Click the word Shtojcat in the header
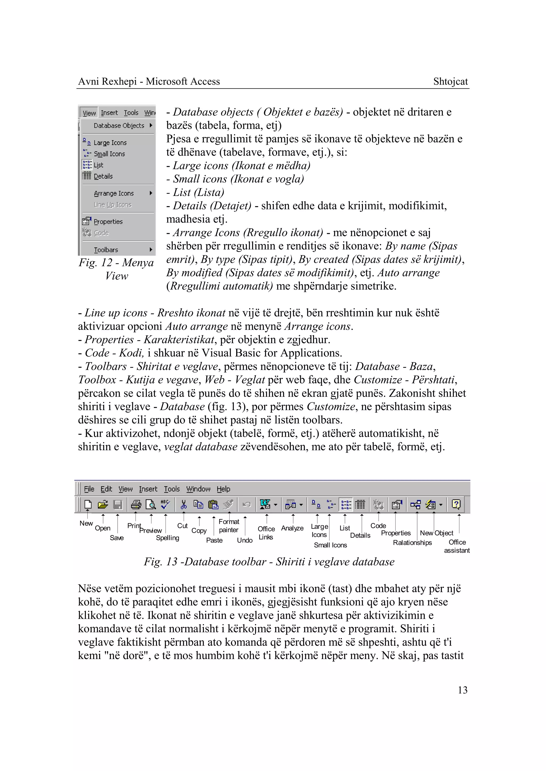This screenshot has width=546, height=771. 450,81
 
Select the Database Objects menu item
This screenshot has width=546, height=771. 119,125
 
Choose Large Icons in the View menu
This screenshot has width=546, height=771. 110,143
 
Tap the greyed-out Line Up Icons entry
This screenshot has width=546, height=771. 113,204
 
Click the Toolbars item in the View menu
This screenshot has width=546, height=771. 106,250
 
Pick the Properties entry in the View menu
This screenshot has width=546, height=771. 108,222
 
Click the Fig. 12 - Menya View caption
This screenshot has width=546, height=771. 116,269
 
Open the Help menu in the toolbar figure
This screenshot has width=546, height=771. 223,489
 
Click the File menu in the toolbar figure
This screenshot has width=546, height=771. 89,489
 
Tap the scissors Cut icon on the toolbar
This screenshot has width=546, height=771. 184,504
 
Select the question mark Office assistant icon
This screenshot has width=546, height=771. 456,504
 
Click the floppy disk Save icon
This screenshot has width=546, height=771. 118,504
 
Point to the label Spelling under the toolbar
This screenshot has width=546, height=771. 167,538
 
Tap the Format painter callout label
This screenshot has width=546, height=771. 229,525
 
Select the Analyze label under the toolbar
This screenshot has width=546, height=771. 292,528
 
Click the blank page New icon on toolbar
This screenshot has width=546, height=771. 88,504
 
